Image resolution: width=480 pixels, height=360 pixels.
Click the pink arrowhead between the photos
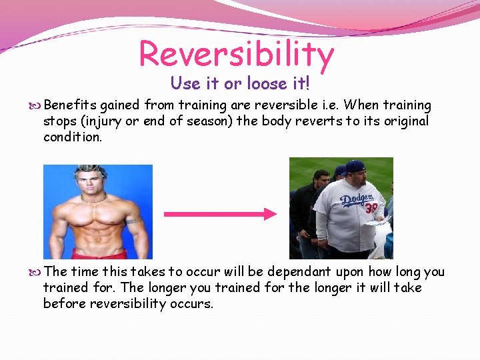click(269, 214)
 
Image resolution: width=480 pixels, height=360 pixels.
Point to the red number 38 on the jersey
click(371, 209)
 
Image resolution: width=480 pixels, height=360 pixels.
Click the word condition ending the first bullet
click(72, 137)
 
